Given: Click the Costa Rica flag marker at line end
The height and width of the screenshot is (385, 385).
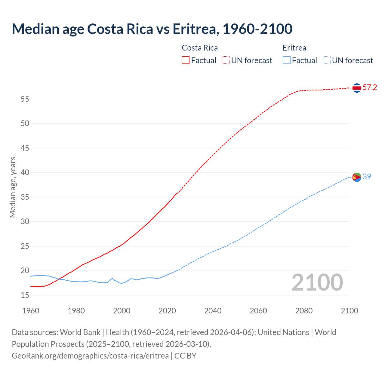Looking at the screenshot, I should [357, 88].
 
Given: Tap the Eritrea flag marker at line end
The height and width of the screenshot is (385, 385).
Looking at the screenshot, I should [357, 177].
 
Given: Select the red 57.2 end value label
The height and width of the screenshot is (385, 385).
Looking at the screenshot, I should [370, 88].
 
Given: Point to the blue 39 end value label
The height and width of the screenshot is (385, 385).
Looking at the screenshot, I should [367, 177].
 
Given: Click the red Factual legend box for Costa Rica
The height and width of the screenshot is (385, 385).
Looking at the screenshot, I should [186, 60].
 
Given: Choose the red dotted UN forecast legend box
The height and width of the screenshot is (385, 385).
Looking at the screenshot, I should [226, 60].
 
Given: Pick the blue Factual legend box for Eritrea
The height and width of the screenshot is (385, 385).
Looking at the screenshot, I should [286, 60].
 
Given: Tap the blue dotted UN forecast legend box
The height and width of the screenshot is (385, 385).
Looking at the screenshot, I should [326, 60].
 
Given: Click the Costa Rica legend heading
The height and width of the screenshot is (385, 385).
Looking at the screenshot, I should [200, 48].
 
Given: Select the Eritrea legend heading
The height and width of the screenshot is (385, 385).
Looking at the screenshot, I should [294, 48].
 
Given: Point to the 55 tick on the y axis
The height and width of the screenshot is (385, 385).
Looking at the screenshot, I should [25, 99].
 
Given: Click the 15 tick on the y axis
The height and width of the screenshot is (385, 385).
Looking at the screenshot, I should [25, 295].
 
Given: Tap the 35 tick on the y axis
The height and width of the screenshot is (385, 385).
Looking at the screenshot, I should [25, 197].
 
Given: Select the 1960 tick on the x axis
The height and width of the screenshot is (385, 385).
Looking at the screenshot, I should [31, 311].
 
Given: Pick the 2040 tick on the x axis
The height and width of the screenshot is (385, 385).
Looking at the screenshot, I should [213, 311].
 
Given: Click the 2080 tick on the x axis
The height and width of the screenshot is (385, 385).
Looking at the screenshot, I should [304, 311].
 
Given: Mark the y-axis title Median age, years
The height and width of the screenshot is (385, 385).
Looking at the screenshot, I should [13, 187].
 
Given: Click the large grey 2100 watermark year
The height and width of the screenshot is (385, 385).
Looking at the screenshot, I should [317, 282].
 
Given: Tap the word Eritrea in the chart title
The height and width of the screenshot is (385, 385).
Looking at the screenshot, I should [194, 29].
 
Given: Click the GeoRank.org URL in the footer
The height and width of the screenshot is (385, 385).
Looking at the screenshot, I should [90, 356].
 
